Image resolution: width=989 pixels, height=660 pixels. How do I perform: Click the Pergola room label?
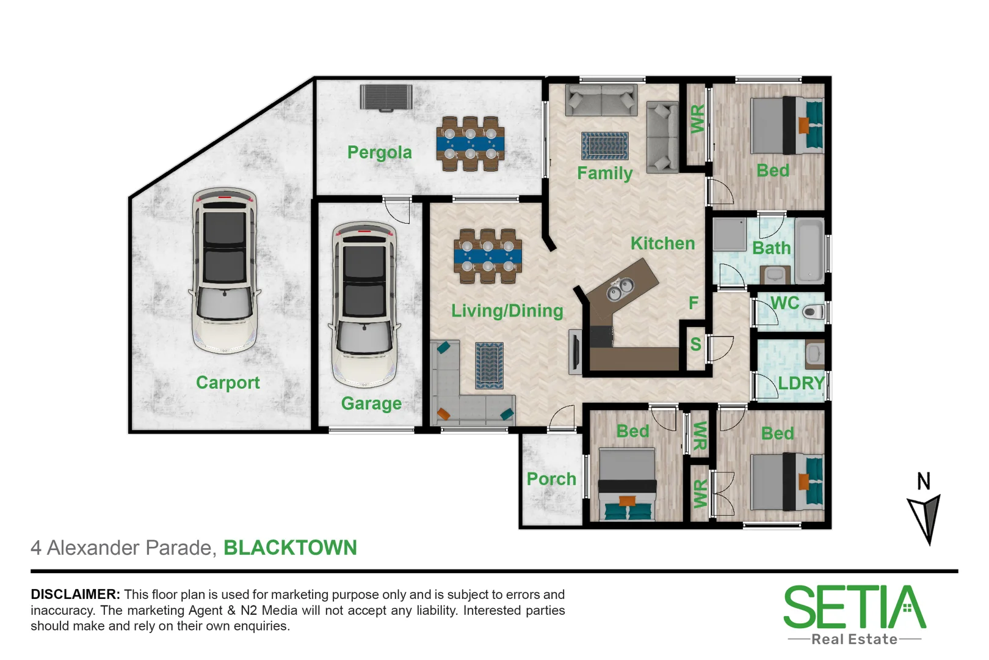(x=379, y=152)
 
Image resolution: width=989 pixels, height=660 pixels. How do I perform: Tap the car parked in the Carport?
(x=225, y=270)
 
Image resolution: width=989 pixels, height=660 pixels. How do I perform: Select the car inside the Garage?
(x=364, y=304)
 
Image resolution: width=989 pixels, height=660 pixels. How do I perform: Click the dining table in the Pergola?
(x=470, y=144)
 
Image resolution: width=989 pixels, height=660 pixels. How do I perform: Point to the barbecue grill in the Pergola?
(x=386, y=98)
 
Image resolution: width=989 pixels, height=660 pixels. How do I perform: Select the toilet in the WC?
(x=814, y=312)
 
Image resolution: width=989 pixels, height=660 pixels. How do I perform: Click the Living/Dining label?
(x=507, y=310)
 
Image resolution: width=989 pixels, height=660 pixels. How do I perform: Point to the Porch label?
(x=551, y=479)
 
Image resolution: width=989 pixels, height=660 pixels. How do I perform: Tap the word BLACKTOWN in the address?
(x=290, y=547)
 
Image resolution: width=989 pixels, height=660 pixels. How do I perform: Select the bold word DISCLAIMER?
(x=75, y=594)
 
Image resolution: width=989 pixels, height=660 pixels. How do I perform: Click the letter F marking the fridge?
(x=693, y=302)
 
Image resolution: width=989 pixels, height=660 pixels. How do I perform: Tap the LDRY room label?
(x=801, y=383)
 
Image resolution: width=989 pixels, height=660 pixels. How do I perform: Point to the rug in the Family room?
(x=604, y=146)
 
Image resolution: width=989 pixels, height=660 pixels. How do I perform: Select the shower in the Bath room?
(x=730, y=235)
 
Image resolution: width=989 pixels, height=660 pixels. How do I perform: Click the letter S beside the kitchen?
(x=695, y=344)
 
